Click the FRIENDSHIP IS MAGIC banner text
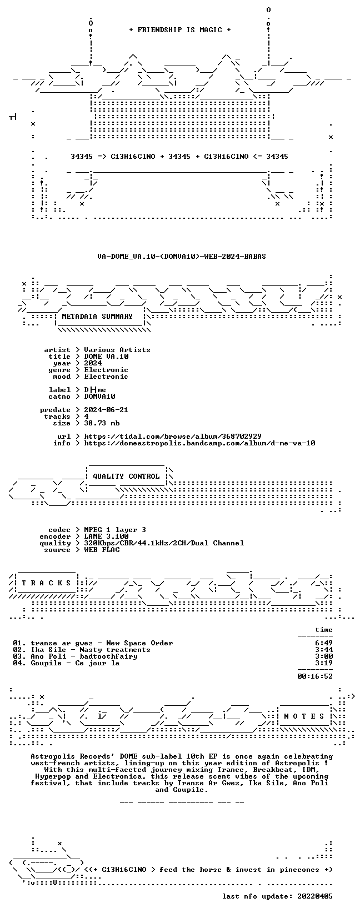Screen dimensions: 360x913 [x=180, y=30]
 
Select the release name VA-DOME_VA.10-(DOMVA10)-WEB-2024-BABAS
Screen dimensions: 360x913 [x=182, y=257]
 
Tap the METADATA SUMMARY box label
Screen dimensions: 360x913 [x=97, y=317]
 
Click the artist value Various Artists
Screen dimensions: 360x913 [x=117, y=350]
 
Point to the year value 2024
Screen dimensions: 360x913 [x=93, y=363]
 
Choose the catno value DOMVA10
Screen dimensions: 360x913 [x=99, y=396]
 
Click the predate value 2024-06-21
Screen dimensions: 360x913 [x=106, y=410]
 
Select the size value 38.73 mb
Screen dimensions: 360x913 [x=102, y=423]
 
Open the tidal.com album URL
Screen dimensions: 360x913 [x=173, y=437]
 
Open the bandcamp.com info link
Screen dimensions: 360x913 [x=199, y=443]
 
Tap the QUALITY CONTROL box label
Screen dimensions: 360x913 [x=126, y=476]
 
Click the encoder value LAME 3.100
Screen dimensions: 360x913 [x=106, y=536]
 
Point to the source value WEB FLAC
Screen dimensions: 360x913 [x=102, y=550]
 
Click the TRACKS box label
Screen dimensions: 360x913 [x=47, y=583]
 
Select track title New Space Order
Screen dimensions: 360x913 [x=139, y=643]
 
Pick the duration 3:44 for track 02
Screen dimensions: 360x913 [x=324, y=650]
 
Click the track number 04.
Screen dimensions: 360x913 [x=18, y=663]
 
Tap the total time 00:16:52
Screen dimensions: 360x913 [x=315, y=676]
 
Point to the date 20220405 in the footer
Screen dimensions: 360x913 [x=315, y=896]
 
